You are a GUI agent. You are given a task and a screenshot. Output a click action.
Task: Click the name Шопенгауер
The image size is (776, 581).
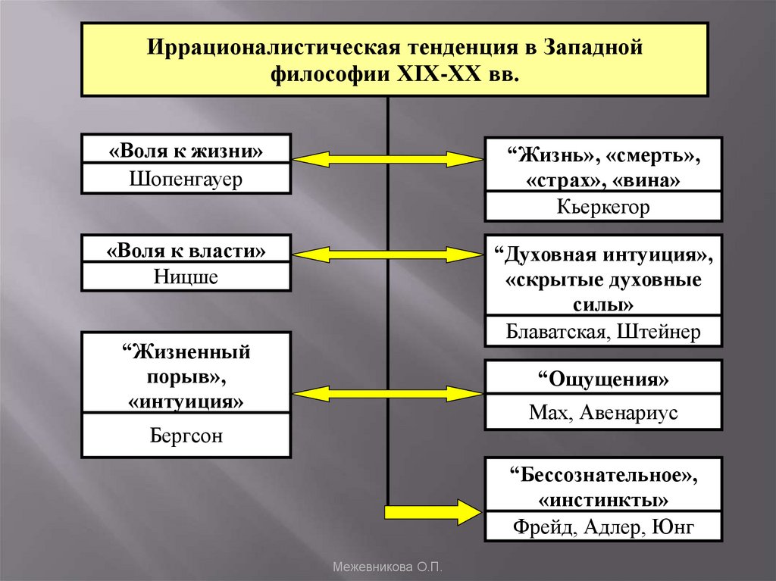(186, 180)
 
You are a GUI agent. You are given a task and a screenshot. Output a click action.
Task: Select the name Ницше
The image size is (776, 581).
(186, 277)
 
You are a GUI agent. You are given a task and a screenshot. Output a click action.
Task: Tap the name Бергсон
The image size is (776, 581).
(186, 436)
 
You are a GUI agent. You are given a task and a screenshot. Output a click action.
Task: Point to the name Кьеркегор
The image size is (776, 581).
(603, 208)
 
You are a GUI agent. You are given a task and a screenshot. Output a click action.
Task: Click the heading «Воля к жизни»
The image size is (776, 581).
(186, 150)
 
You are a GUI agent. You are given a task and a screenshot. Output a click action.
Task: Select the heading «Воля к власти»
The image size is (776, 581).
(186, 249)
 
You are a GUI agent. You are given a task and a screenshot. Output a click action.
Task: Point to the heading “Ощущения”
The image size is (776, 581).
(603, 379)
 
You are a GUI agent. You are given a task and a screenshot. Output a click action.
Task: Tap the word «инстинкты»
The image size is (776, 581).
(603, 499)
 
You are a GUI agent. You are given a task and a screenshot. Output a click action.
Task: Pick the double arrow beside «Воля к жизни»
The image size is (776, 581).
(387, 158)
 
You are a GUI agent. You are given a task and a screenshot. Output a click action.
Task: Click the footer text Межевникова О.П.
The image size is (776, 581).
(387, 567)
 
